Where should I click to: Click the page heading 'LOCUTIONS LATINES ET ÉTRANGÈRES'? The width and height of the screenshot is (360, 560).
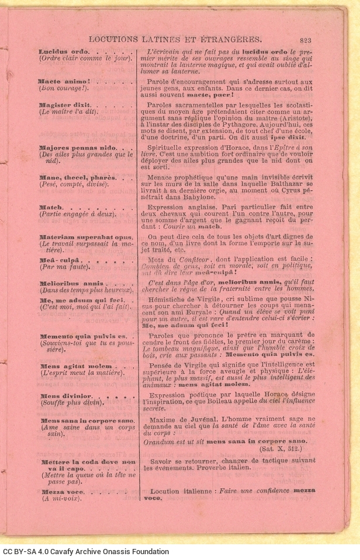[175, 40]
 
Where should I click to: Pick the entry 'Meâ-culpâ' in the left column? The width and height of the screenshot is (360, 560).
[58, 260]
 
